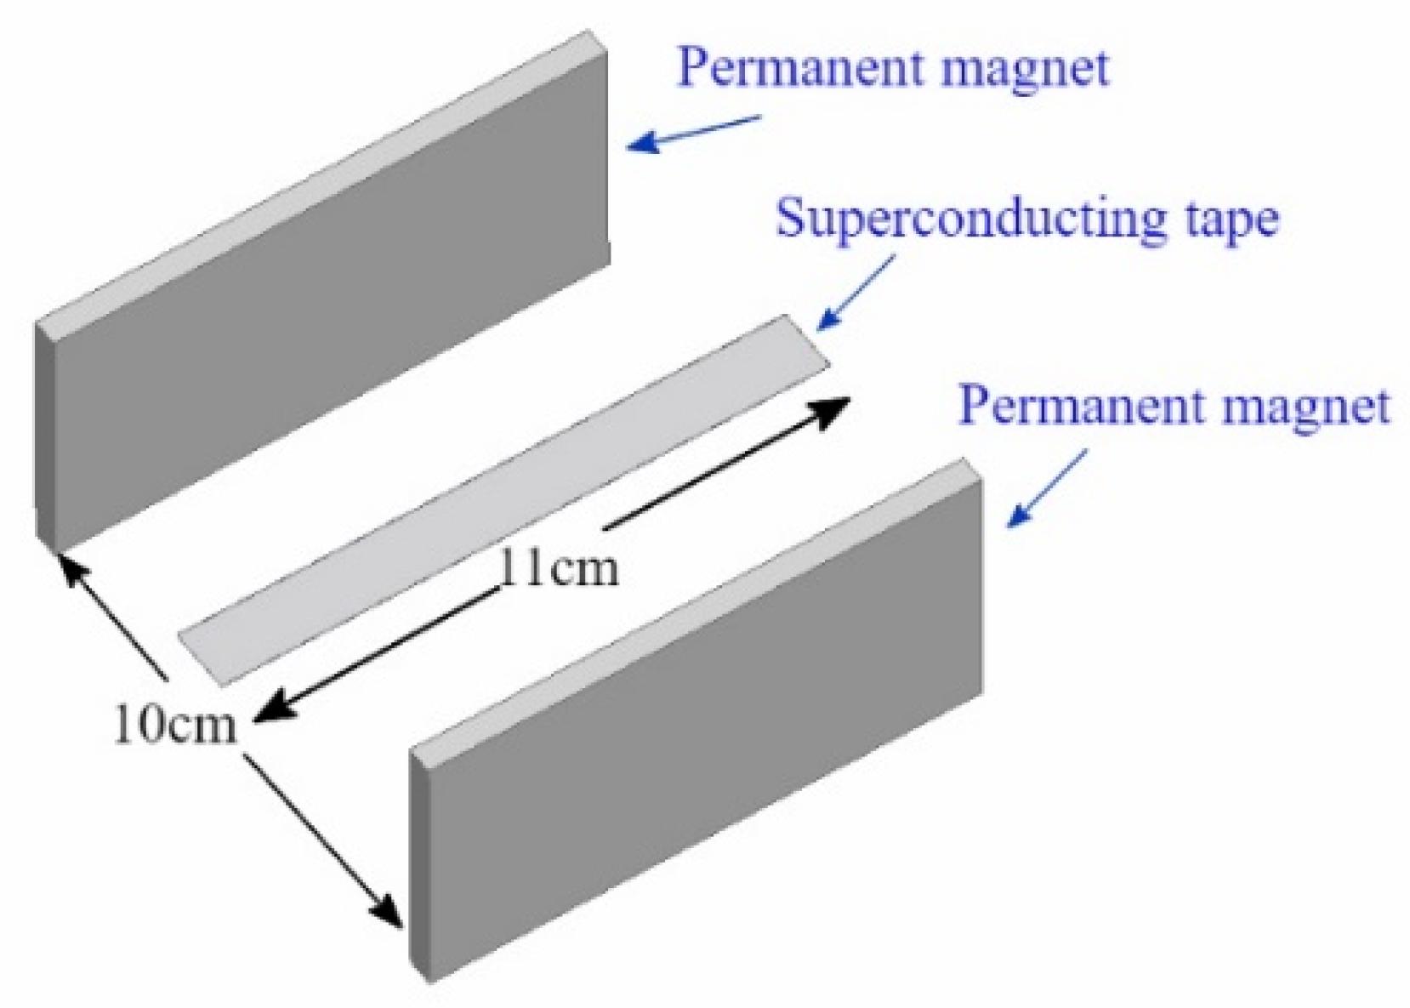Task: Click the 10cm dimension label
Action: pyautogui.click(x=175, y=726)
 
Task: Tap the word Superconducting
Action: pyautogui.click(x=969, y=218)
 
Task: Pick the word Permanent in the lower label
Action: pyautogui.click(x=1085, y=407)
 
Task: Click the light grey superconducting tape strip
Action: pyautogui.click(x=502, y=502)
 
